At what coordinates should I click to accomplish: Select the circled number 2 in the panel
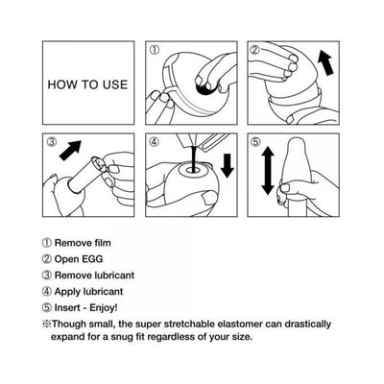(254, 49)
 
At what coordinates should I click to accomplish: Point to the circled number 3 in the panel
(52, 142)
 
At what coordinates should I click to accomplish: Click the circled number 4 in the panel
(154, 142)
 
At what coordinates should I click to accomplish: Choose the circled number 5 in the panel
(254, 142)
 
